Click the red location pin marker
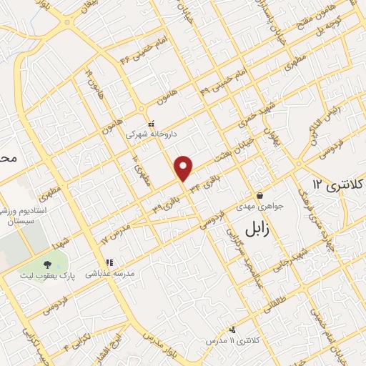pyautogui.click(x=184, y=167)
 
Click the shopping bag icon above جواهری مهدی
pyautogui.click(x=259, y=195)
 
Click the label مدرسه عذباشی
pyautogui.click(x=107, y=273)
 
